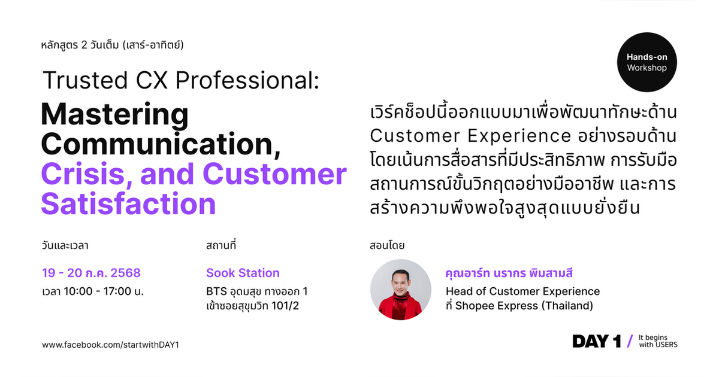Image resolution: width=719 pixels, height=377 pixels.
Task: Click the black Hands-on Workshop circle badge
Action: [647, 62]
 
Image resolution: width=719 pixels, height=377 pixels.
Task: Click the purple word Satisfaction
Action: [128, 203]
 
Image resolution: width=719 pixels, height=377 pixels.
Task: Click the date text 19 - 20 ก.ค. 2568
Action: [91, 273]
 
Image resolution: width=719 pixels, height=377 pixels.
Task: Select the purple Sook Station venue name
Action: [243, 273]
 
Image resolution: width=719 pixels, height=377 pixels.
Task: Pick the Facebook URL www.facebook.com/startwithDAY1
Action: [110, 345]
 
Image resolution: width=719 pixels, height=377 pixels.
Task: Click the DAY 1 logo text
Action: [596, 341]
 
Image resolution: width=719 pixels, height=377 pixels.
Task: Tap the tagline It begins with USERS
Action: [658, 341]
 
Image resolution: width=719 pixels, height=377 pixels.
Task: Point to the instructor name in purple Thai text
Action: [509, 273]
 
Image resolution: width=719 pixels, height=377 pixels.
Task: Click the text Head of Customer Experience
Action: [522, 291]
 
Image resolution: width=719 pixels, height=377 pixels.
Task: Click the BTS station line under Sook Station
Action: [256, 292]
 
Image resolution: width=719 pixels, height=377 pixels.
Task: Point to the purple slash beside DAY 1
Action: [629, 341]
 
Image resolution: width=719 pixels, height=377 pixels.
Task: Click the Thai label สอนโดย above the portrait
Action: [388, 245]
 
